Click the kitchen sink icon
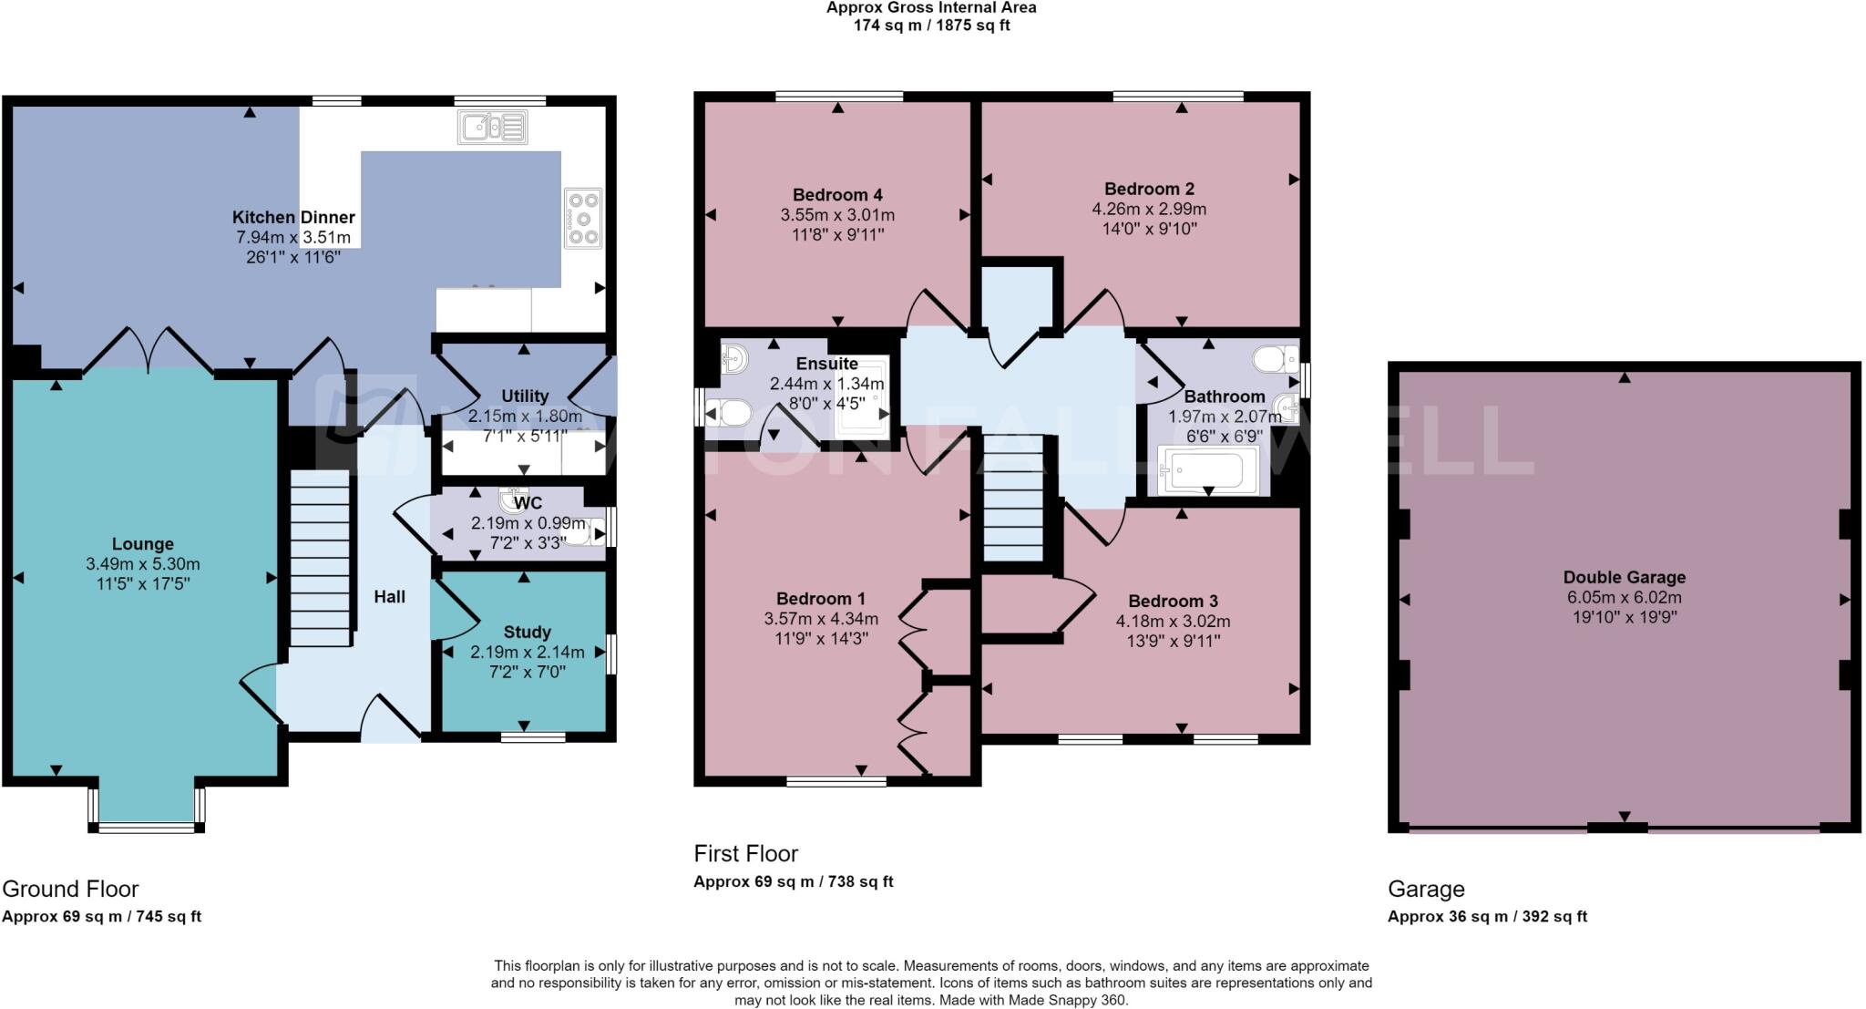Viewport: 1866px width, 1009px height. pyautogui.click(x=493, y=127)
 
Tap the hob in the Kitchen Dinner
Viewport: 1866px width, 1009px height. pyautogui.click(x=583, y=218)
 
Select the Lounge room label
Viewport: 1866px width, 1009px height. pyautogui.click(x=143, y=544)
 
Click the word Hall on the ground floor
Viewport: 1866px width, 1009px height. pyautogui.click(x=389, y=597)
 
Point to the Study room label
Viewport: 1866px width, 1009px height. pyautogui.click(x=527, y=632)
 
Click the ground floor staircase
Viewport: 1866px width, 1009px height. pyautogui.click(x=321, y=557)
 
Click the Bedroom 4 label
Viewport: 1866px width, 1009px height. pyautogui.click(x=837, y=195)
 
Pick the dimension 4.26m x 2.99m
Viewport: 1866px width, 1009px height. pyautogui.click(x=1149, y=209)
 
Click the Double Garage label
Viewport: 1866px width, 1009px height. pyautogui.click(x=1624, y=577)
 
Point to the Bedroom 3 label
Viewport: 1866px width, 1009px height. pyautogui.click(x=1173, y=602)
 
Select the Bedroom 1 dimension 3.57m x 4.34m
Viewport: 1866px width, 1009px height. pyautogui.click(x=821, y=619)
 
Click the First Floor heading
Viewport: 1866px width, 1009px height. pyautogui.click(x=745, y=854)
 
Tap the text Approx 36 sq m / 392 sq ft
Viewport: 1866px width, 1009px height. pyautogui.click(x=1487, y=917)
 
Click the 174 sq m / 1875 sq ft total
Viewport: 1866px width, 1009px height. pyautogui.click(x=931, y=26)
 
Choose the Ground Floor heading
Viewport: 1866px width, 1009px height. pyautogui.click(x=70, y=889)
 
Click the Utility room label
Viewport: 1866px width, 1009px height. pyautogui.click(x=525, y=396)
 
